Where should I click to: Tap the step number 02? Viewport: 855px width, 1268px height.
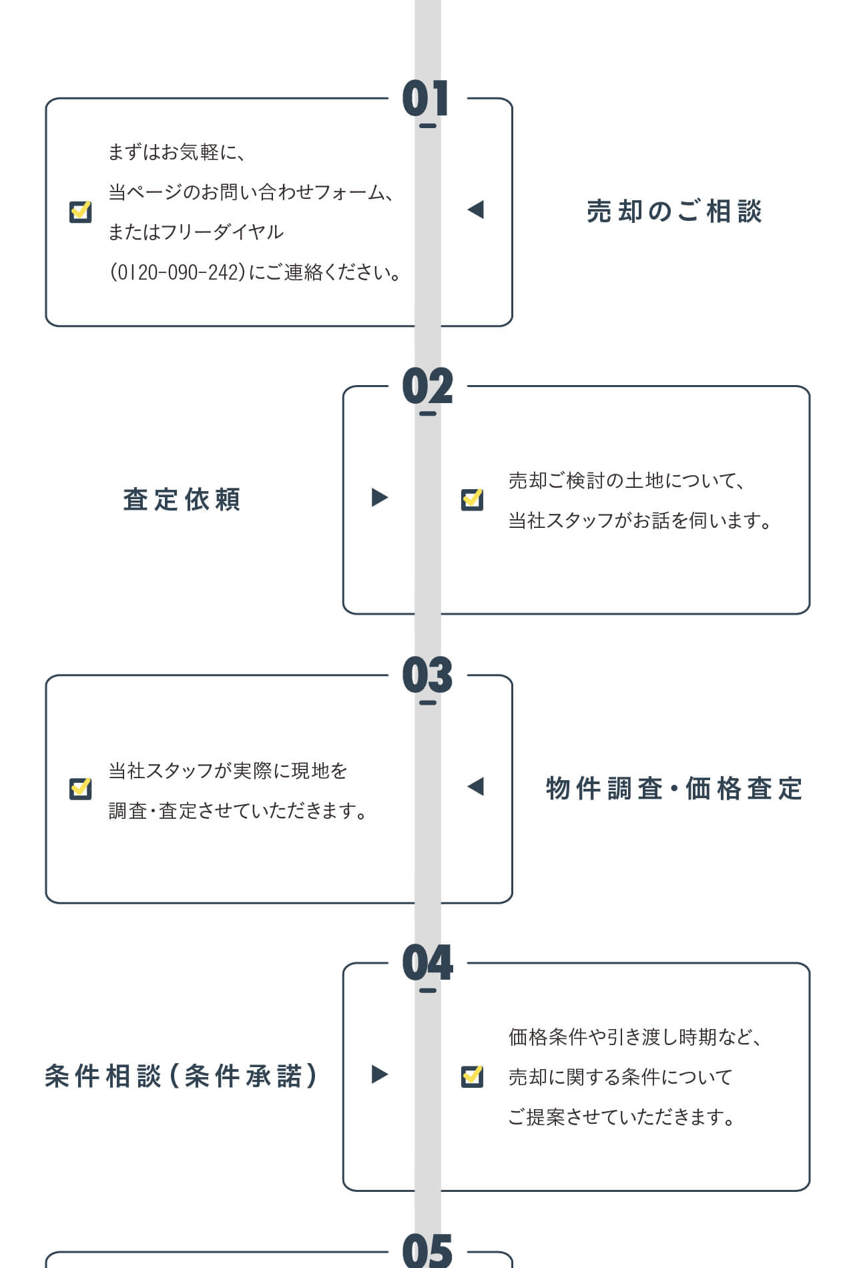[427, 386]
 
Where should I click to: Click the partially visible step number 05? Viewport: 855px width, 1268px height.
[427, 1251]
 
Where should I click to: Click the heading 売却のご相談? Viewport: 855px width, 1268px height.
[674, 212]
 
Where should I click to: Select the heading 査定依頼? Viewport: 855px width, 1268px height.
[182, 499]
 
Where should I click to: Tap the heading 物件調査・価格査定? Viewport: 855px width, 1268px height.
[674, 788]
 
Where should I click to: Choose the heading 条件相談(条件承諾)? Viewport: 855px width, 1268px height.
[181, 1076]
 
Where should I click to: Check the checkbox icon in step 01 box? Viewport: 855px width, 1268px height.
[81, 212]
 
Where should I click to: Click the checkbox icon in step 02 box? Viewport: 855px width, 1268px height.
[472, 499]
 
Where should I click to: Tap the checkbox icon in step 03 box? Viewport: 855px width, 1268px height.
[81, 788]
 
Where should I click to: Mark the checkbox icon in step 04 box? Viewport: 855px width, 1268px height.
[472, 1076]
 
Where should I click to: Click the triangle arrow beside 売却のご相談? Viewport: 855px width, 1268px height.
[476, 210]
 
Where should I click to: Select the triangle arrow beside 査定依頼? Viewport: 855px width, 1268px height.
[379, 497]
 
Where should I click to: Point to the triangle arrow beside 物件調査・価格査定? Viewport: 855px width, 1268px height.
[476, 786]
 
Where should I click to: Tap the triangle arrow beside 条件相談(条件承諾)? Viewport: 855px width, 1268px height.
[379, 1074]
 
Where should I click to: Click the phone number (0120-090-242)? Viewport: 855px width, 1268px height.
[178, 272]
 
